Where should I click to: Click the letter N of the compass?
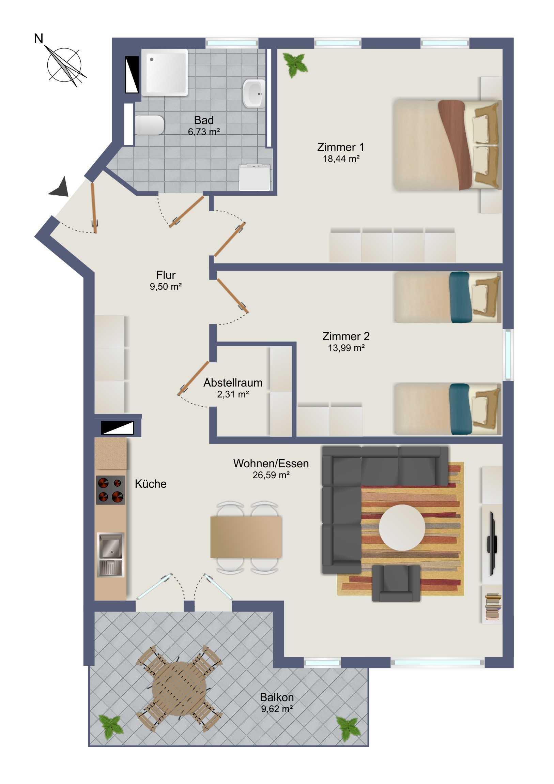click(39, 39)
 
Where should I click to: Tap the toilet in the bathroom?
click(150, 125)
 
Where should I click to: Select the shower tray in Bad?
click(165, 72)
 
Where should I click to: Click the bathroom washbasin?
click(254, 93)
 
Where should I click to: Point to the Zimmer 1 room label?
click(341, 147)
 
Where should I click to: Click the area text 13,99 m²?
click(346, 348)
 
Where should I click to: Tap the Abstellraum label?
click(233, 383)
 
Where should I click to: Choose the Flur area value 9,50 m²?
click(166, 286)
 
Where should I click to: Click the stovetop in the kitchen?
click(110, 490)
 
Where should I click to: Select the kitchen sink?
click(110, 555)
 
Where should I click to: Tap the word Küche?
click(151, 484)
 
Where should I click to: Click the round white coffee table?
click(402, 528)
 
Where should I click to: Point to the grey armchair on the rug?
click(396, 583)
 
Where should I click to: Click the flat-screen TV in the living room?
click(492, 544)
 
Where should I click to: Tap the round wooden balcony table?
click(179, 689)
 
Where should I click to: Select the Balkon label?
click(277, 697)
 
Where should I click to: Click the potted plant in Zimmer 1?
click(295, 64)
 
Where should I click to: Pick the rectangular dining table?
click(246, 537)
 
